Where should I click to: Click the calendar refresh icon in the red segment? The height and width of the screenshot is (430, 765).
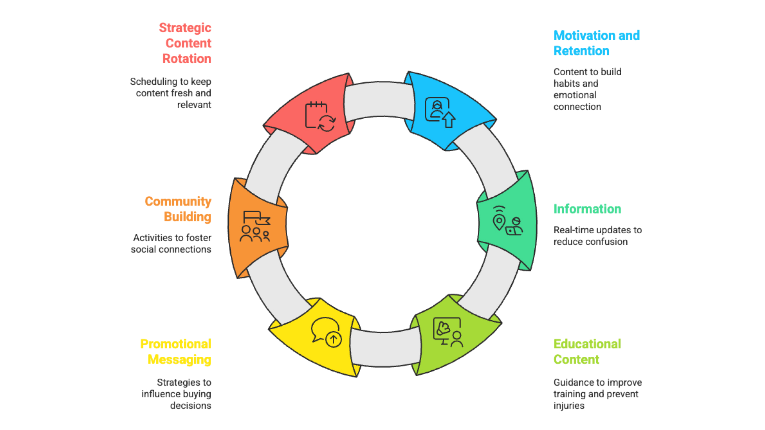click(320, 116)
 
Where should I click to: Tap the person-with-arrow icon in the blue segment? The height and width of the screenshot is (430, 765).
click(440, 112)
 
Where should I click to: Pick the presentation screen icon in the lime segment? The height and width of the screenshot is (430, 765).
click(447, 331)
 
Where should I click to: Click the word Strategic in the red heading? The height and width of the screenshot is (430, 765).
click(185, 28)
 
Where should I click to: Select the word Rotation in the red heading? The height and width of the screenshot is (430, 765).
click(186, 59)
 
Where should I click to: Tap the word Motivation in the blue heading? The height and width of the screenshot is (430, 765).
click(581, 35)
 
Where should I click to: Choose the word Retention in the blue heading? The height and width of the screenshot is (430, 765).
click(581, 51)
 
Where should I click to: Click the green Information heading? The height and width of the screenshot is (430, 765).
click(587, 209)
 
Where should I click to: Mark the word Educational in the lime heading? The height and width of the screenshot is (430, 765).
click(587, 344)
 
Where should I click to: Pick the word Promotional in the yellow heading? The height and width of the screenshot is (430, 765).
click(176, 344)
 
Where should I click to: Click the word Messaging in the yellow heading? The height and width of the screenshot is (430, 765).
click(179, 360)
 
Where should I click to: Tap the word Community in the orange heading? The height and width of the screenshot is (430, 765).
click(178, 201)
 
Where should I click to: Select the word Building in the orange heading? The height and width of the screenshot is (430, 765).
click(187, 217)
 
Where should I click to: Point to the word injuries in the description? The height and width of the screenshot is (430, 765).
click(569, 406)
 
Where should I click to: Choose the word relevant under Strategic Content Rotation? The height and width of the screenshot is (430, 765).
click(194, 105)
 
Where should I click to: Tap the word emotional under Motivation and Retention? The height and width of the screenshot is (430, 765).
click(575, 95)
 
